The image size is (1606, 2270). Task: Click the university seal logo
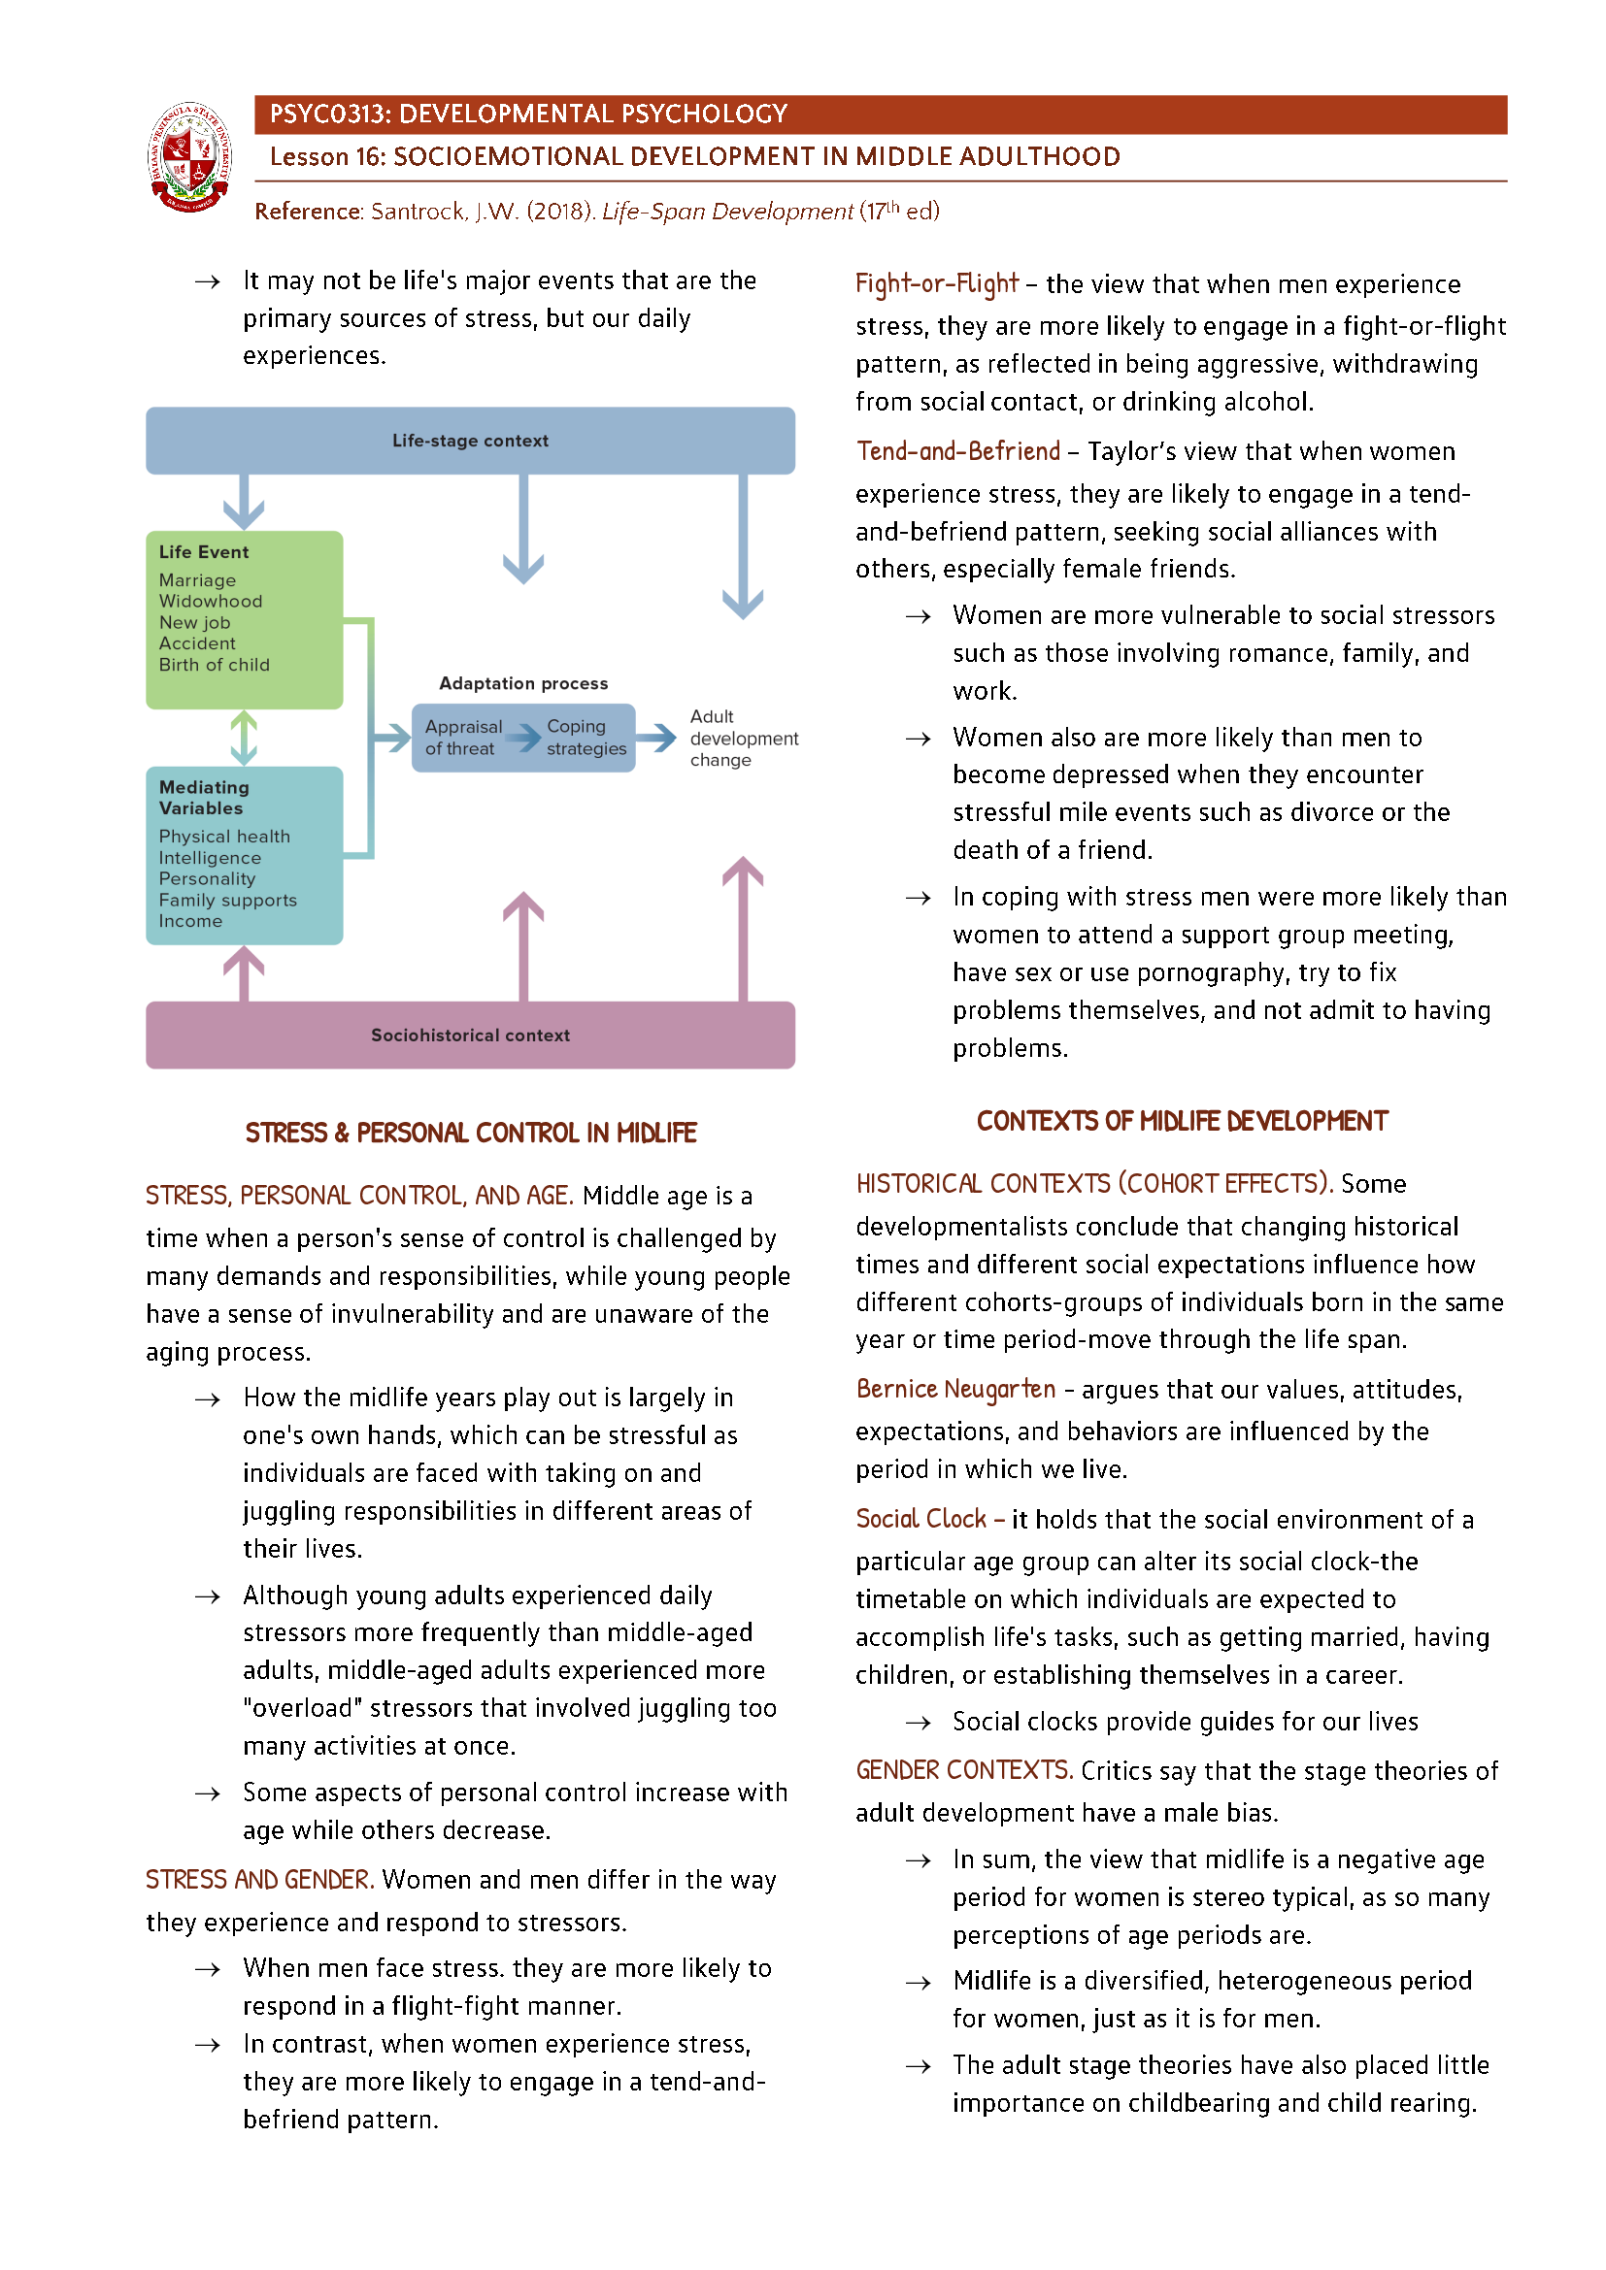coord(190,157)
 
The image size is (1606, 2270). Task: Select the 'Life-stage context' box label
coord(470,441)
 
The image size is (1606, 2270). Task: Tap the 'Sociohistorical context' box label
coord(470,1036)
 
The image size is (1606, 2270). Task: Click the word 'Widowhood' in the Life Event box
coord(211,601)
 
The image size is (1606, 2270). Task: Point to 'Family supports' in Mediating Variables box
coord(227,900)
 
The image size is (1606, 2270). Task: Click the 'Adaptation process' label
coord(523,683)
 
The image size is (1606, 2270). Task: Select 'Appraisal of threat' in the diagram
coord(463,738)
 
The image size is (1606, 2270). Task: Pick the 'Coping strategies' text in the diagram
coord(586,738)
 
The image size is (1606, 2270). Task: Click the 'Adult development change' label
coord(742,738)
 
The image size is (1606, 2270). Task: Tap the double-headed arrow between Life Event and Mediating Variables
coord(244,738)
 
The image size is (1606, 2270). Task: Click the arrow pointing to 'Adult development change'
coord(655,737)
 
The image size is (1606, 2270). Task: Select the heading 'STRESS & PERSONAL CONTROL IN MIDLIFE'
coord(471,1133)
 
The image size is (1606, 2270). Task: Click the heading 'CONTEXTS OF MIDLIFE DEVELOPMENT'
coord(1182,1121)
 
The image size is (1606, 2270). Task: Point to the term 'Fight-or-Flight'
coord(935,283)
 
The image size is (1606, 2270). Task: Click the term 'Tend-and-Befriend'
coord(957,452)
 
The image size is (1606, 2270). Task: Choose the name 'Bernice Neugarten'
coord(955,1389)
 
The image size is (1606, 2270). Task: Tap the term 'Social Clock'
coord(920,1519)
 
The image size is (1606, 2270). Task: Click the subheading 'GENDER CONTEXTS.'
coord(964,1770)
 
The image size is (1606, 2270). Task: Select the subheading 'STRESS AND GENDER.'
coord(259,1880)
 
